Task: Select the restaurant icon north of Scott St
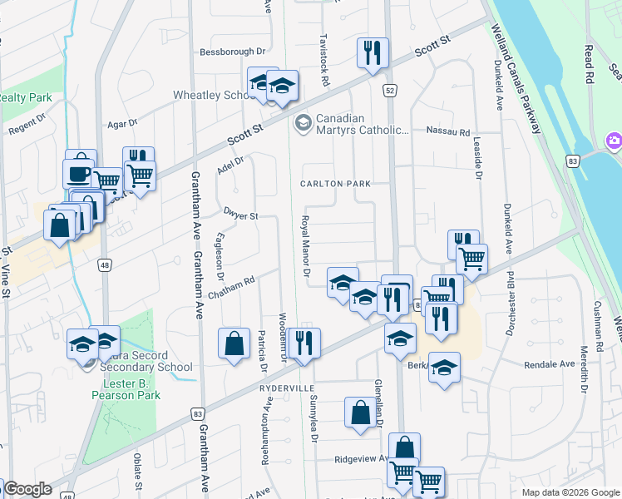[x=372, y=52]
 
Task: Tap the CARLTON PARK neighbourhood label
[x=335, y=183]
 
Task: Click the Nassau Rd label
[x=447, y=131]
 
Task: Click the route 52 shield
[x=389, y=89]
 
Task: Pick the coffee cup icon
[x=80, y=173]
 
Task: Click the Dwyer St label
[x=242, y=215]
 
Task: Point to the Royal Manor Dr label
[x=305, y=247]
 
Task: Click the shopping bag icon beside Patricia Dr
[x=234, y=343]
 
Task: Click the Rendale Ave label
[x=549, y=364]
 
